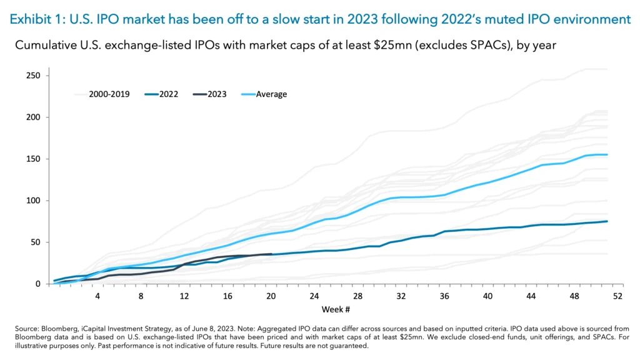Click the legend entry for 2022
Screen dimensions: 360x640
[x=160, y=94]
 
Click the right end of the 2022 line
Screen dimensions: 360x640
[x=607, y=221]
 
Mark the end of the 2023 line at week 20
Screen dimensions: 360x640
[x=271, y=254]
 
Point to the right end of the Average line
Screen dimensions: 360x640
[x=607, y=154]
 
